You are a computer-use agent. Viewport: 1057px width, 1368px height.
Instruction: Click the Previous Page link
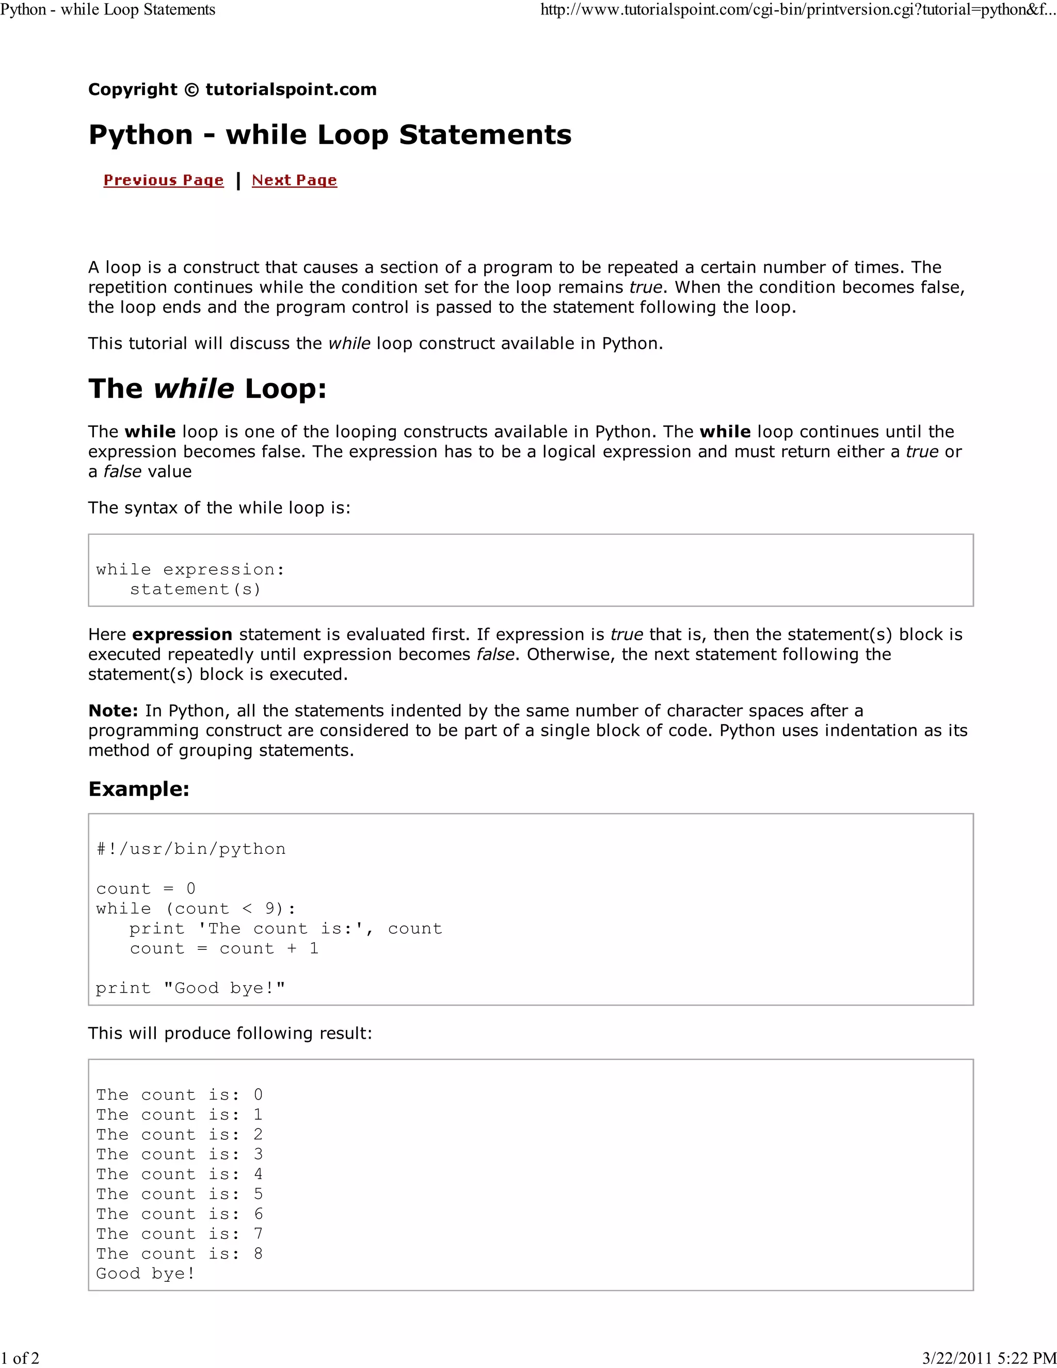(x=164, y=180)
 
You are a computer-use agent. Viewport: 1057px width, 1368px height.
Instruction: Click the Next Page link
(x=294, y=180)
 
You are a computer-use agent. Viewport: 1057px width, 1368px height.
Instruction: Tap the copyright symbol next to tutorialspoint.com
(x=191, y=90)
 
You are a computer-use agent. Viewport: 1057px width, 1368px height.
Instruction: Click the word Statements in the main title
(x=485, y=135)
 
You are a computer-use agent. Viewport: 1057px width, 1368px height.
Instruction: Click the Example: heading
(x=139, y=789)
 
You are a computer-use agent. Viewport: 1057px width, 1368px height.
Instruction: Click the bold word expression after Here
(x=182, y=634)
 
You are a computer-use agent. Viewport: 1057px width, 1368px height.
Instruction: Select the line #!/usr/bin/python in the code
(x=191, y=849)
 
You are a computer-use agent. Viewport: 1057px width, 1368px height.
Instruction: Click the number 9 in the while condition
(x=270, y=908)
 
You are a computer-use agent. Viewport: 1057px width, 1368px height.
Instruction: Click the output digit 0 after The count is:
(x=258, y=1094)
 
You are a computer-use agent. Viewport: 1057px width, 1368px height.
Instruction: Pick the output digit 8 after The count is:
(x=258, y=1253)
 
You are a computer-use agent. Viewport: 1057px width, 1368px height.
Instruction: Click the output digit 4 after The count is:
(x=258, y=1174)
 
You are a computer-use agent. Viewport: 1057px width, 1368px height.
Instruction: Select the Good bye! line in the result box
(x=145, y=1274)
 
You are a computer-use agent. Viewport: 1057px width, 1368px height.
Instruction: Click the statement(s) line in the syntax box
(x=195, y=590)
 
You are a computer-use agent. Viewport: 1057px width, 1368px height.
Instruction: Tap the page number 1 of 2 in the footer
(x=20, y=1358)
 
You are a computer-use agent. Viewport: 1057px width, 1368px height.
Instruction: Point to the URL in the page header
(x=798, y=10)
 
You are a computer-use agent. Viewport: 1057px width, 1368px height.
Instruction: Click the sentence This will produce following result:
(x=230, y=1033)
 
